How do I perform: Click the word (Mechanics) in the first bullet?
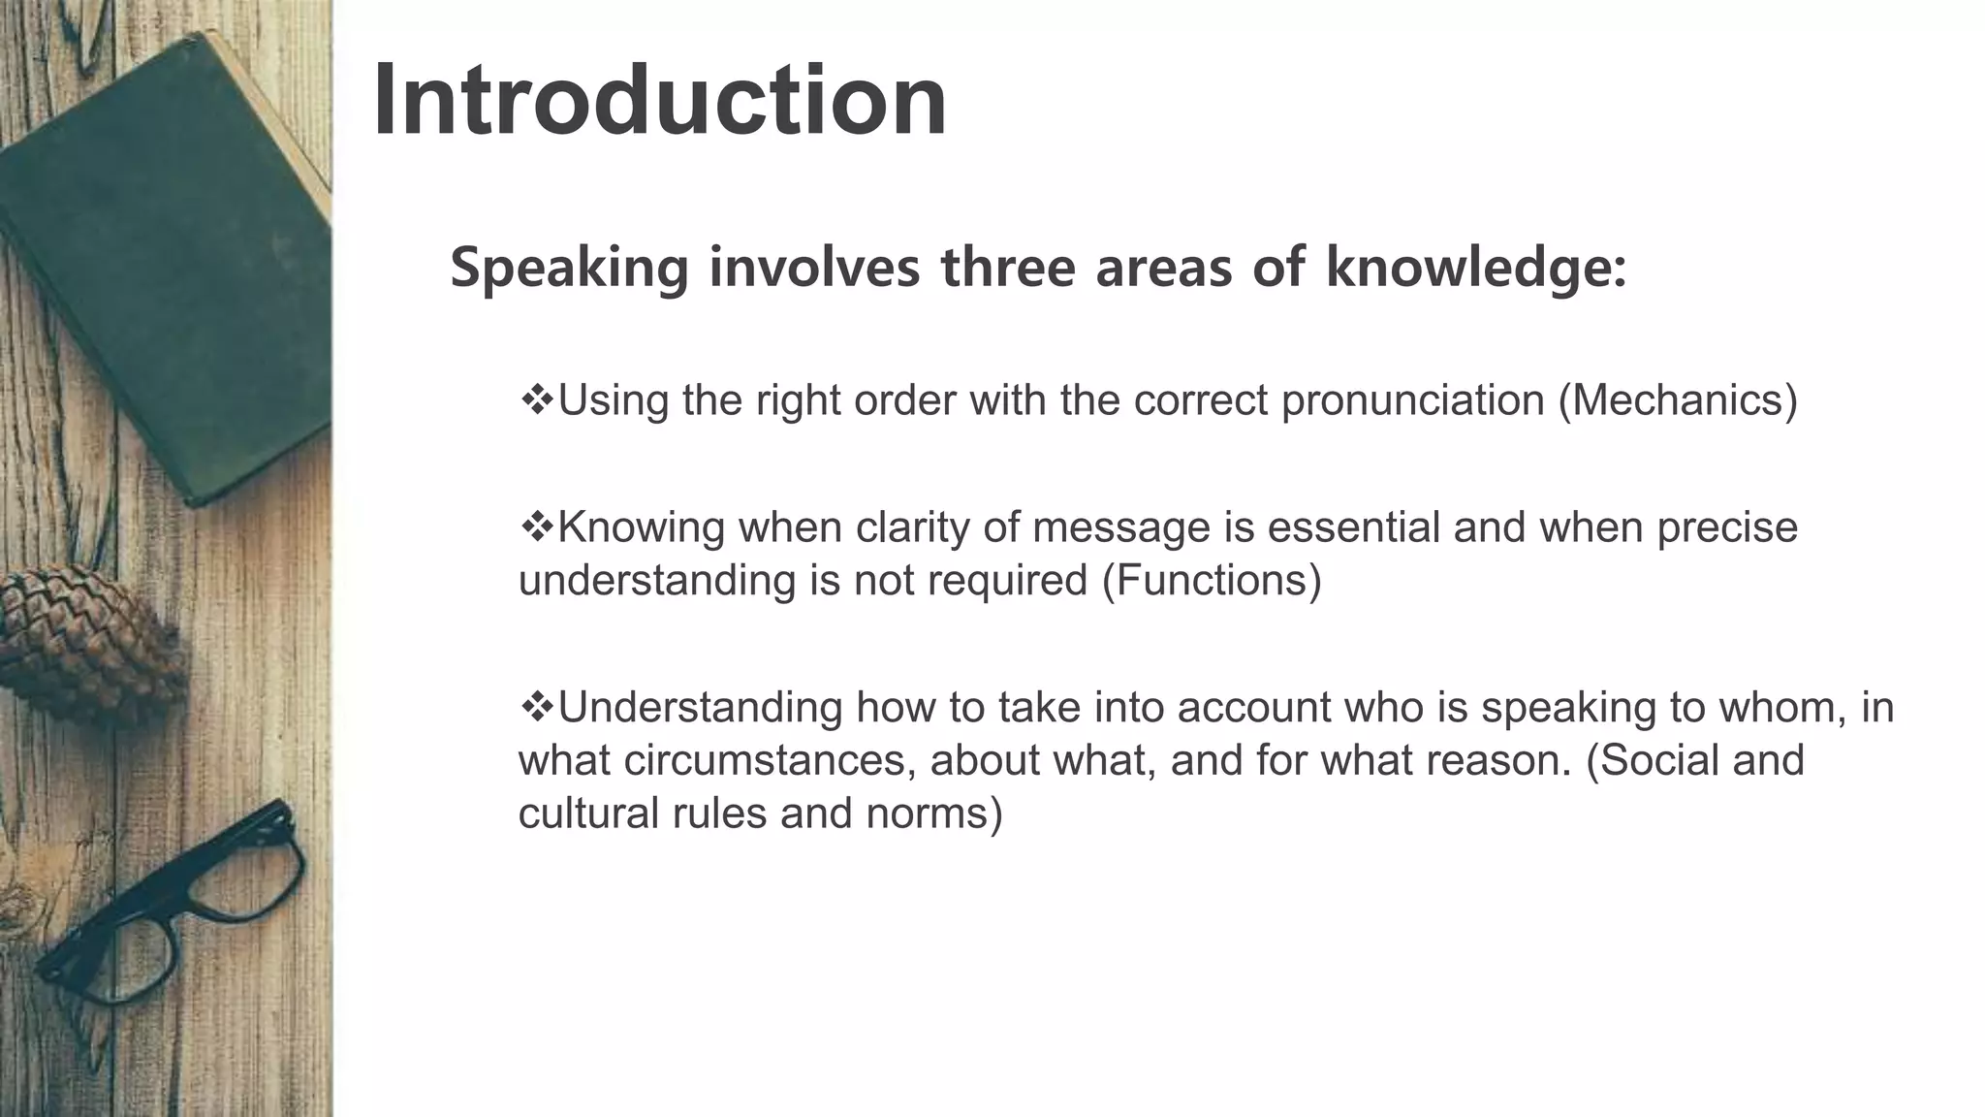click(x=1677, y=400)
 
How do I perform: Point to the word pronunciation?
click(x=1412, y=400)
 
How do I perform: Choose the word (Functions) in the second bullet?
click(x=1212, y=581)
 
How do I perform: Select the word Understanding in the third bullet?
click(x=700, y=708)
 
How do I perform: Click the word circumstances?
click(x=771, y=760)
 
